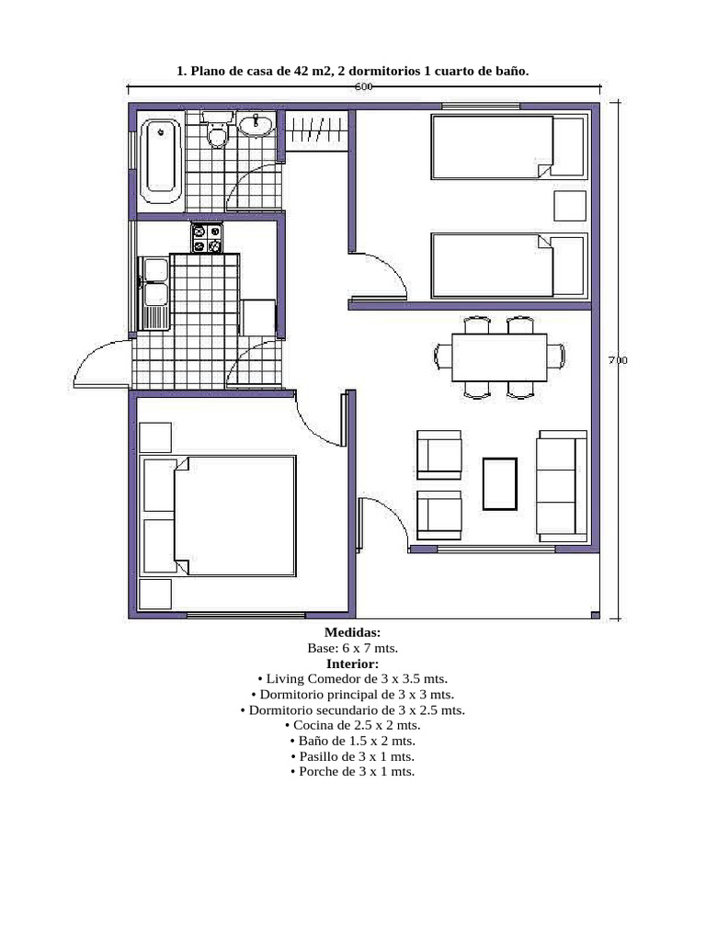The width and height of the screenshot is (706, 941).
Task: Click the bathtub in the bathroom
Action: [160, 161]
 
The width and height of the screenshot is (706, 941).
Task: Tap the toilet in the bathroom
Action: [217, 130]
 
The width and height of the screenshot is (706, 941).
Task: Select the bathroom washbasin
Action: [256, 124]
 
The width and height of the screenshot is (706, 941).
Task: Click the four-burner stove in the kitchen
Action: [207, 238]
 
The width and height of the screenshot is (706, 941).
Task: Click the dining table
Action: [499, 357]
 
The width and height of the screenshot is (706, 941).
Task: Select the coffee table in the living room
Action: [499, 484]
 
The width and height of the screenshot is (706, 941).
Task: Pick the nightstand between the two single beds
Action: [570, 207]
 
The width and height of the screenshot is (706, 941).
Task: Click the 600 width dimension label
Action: [364, 86]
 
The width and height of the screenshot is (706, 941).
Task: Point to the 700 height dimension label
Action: [618, 360]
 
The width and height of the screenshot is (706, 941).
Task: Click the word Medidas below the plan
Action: [352, 632]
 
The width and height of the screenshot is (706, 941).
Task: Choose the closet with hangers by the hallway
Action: [317, 129]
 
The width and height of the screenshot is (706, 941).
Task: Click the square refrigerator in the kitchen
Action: [258, 318]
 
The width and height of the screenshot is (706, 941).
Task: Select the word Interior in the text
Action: [352, 663]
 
